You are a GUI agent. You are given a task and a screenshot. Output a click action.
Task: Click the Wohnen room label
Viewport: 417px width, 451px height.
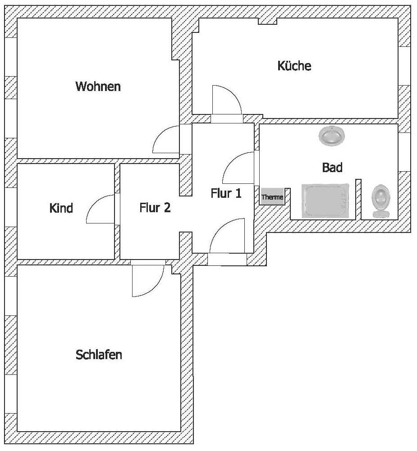(98, 87)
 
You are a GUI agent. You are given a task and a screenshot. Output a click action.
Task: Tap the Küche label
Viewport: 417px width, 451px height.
(294, 66)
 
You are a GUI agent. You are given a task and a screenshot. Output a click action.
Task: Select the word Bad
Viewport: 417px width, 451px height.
(332, 167)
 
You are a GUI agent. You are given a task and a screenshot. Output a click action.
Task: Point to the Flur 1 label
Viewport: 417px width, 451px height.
(226, 193)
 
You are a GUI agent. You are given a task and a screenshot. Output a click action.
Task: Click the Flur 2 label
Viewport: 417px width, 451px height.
(155, 207)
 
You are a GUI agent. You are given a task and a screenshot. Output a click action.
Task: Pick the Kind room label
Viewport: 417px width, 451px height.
(61, 208)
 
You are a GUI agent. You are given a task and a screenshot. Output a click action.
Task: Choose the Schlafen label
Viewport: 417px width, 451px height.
(99, 355)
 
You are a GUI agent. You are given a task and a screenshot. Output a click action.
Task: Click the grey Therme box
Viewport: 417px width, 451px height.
(272, 197)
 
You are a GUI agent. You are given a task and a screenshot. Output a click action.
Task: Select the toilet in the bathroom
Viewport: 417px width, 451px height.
(381, 200)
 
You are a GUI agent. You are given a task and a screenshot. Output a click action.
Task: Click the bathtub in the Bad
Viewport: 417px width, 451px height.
(325, 201)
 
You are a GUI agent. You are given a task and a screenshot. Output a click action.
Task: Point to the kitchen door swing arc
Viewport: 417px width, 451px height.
(232, 95)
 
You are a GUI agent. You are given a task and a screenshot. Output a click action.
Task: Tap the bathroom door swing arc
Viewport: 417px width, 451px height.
(232, 162)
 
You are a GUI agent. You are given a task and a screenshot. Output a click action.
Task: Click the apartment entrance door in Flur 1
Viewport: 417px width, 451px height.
(220, 228)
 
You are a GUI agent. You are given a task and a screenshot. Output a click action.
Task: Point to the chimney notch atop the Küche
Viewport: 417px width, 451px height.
(267, 21)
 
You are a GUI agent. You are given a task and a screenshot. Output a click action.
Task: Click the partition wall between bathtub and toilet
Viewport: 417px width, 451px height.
(358, 199)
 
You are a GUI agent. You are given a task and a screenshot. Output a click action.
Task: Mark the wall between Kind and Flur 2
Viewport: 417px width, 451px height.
(117, 211)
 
